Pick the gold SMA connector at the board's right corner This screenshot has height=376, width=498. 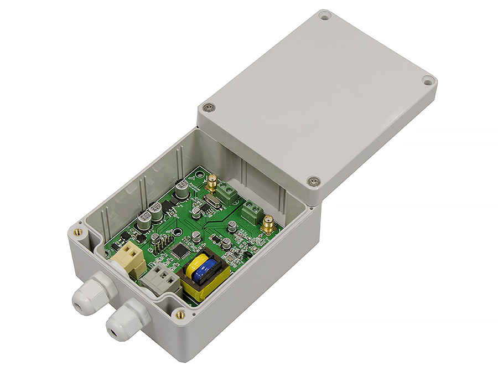click(x=268, y=223)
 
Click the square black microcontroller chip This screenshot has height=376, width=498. click(x=179, y=250)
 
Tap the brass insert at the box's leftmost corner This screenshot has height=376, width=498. click(x=78, y=231)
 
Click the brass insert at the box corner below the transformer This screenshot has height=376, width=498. click(x=179, y=314)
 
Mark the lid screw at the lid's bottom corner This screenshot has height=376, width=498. click(x=313, y=180)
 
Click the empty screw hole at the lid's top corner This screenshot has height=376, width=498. click(x=325, y=16)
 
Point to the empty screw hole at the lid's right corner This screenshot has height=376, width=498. click(x=428, y=80)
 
